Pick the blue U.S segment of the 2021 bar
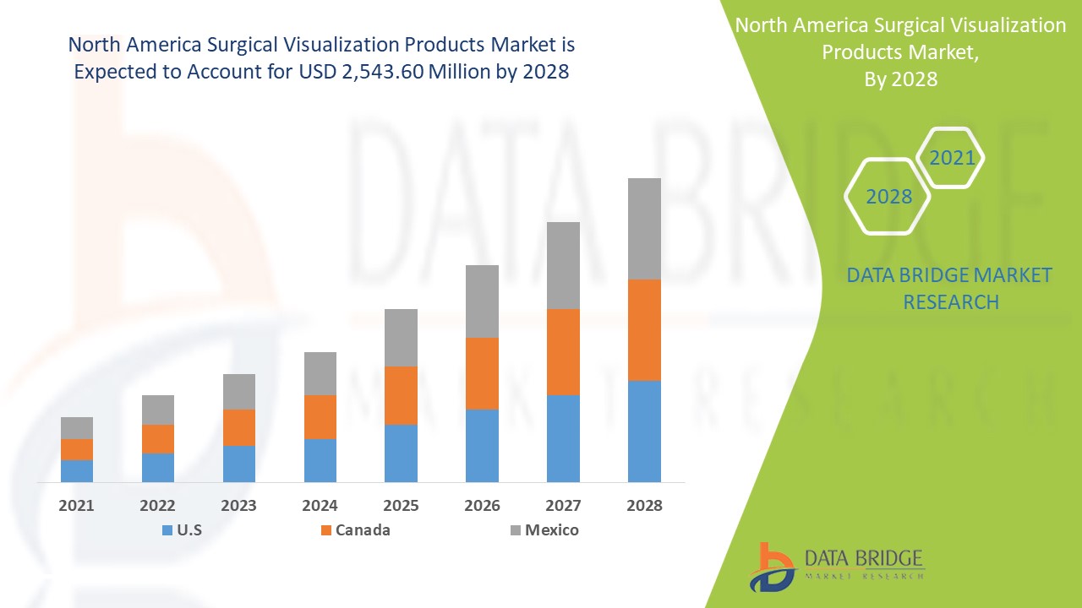coord(77,470)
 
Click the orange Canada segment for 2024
coord(320,416)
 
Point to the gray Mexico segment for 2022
coord(158,410)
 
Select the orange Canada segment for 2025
coord(401,395)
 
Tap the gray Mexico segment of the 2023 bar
coord(239,392)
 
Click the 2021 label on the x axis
coord(77,506)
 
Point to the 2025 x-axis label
coord(401,506)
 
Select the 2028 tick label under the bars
coord(644,506)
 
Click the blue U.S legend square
coord(167,530)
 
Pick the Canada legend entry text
coord(363,530)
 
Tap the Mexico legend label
coord(551,530)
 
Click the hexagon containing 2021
coord(951,158)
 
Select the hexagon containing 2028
coord(888,197)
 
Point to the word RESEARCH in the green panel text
coord(951,301)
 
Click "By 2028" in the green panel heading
coord(901,79)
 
